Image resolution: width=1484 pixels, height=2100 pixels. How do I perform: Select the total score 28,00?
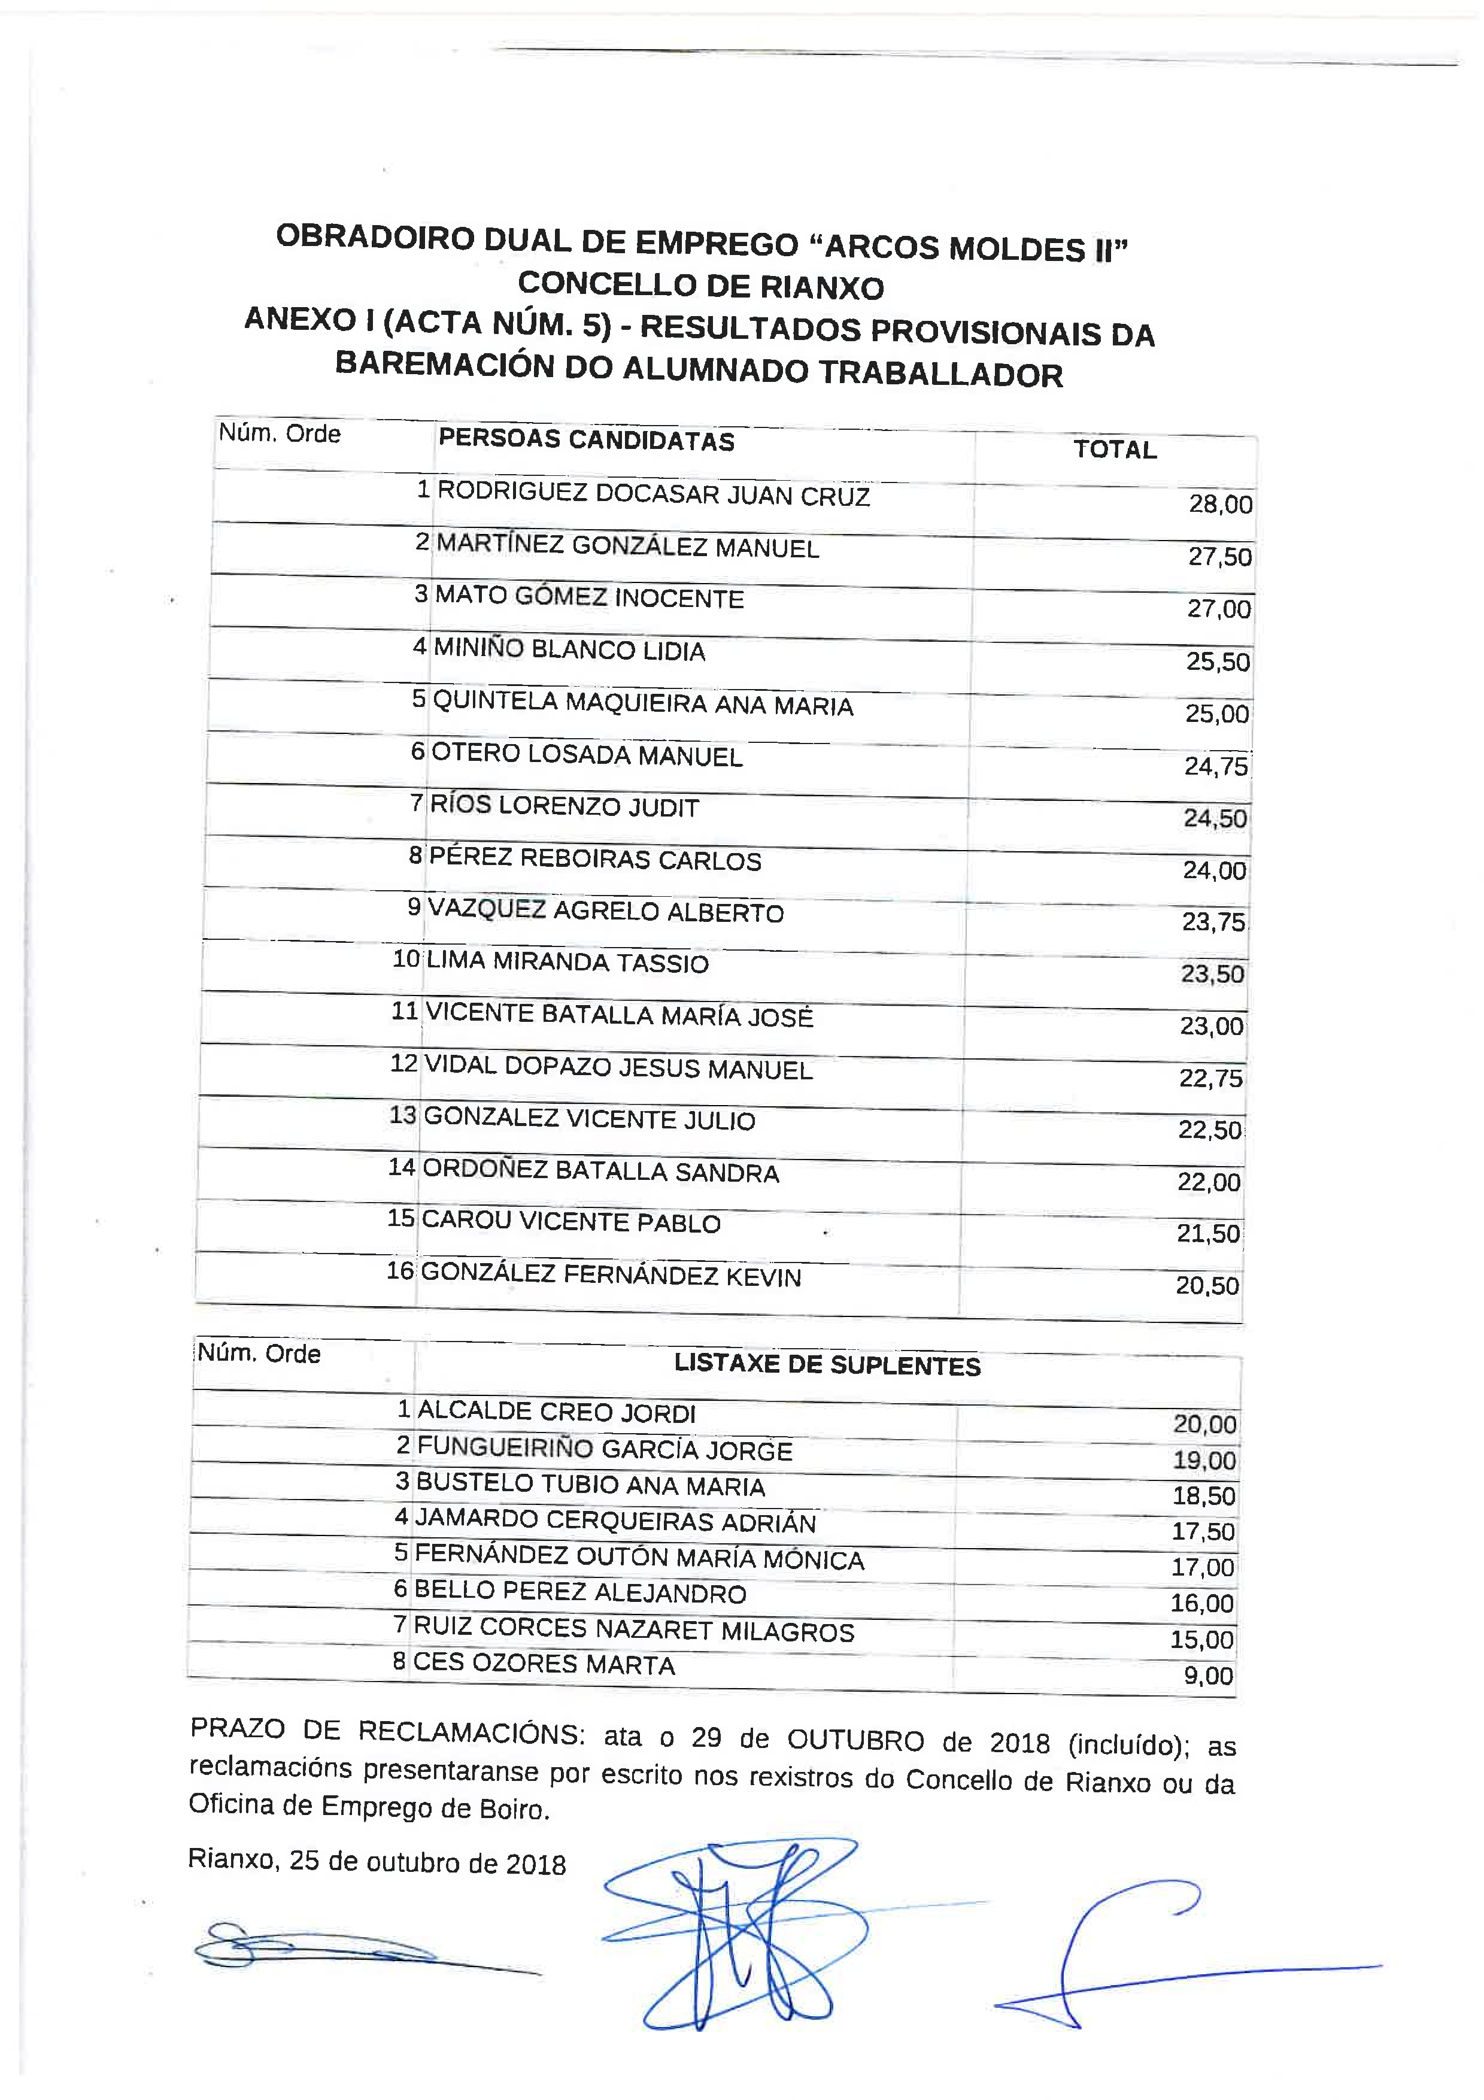pos(1220,504)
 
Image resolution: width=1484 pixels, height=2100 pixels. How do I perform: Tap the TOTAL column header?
pos(1115,449)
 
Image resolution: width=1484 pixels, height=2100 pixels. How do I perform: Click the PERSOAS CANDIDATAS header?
pos(586,440)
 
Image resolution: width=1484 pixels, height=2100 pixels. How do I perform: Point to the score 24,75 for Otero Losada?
pos(1215,766)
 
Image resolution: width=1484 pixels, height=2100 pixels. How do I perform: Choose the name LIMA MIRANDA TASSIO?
pos(567,962)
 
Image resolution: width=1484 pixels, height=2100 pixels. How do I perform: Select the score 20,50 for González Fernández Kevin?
pos(1207,1285)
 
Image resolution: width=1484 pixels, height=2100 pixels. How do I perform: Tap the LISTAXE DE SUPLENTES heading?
pos(827,1365)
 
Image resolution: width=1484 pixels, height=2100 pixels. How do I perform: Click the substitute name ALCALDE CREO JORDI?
pos(556,1412)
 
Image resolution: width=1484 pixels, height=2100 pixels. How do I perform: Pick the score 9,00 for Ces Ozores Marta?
pos(1208,1676)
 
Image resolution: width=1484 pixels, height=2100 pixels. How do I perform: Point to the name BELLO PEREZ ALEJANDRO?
pos(579,1592)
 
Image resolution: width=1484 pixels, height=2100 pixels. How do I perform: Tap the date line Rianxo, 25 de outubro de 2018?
pos(377,1863)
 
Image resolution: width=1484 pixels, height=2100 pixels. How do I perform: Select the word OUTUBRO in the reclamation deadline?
pos(855,1740)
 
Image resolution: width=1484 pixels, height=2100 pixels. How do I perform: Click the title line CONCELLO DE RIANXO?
pos(700,286)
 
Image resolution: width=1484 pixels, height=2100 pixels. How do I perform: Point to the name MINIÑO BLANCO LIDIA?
pos(569,650)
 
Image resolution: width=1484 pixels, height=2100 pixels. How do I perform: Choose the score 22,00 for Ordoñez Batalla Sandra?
pos(1209,1182)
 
